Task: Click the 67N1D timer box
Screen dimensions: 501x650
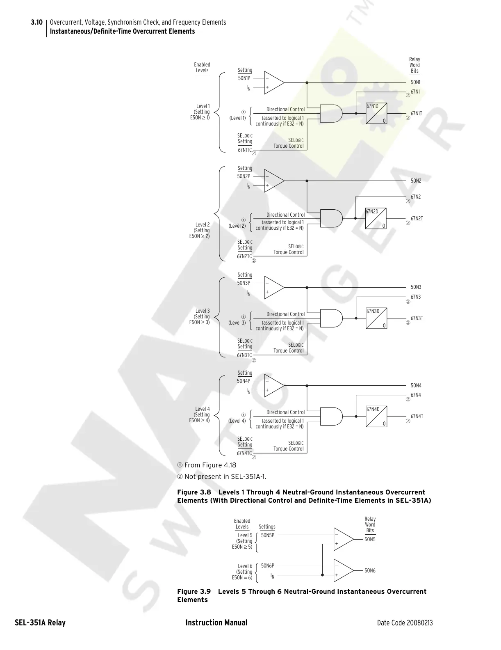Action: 376,113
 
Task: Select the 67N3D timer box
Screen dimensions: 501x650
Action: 376,318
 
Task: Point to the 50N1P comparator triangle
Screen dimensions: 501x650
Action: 273,82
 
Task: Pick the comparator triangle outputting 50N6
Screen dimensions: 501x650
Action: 343,570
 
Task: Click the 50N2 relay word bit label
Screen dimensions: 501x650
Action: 416,181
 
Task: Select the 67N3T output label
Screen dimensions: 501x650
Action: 417,318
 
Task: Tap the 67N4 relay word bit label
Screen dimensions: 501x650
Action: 416,395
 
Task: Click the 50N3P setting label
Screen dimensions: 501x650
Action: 244,283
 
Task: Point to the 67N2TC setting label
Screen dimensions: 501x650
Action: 244,256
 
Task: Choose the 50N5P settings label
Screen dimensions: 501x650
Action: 267,536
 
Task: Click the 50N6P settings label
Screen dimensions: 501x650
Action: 267,566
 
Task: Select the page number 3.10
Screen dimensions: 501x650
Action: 36,22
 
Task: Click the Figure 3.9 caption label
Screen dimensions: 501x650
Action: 194,591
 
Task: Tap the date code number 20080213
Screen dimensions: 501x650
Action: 419,623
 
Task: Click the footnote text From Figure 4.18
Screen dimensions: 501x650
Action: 210,465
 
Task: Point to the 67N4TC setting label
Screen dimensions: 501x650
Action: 244,453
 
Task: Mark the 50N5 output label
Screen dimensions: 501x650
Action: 370,540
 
